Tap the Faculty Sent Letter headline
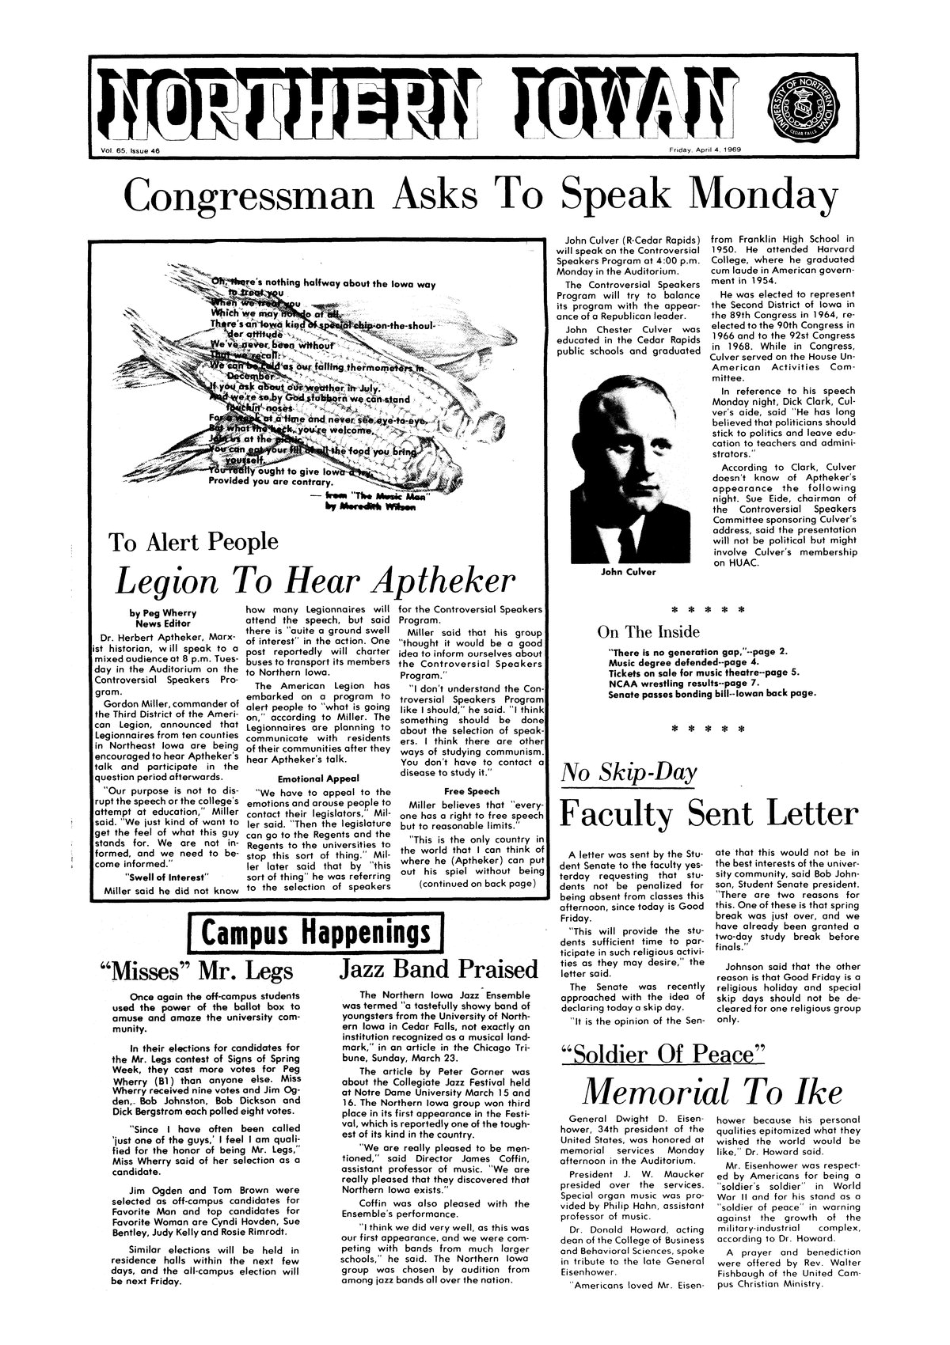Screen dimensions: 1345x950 pos(709,813)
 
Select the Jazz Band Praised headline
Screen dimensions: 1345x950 pos(438,969)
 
